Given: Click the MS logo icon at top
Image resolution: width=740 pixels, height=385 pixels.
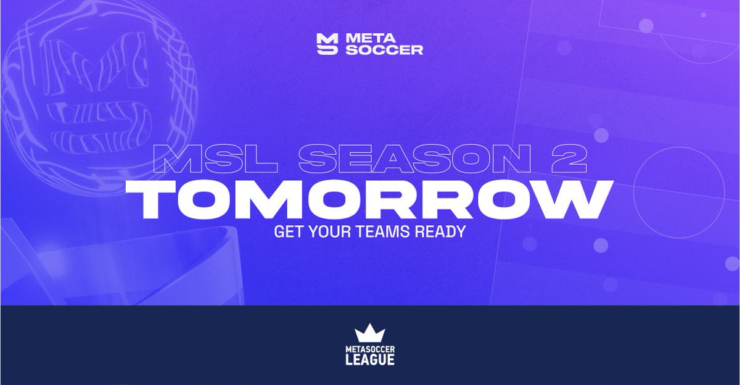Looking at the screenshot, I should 326,44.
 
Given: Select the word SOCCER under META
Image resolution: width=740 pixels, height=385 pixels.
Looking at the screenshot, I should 384,50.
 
